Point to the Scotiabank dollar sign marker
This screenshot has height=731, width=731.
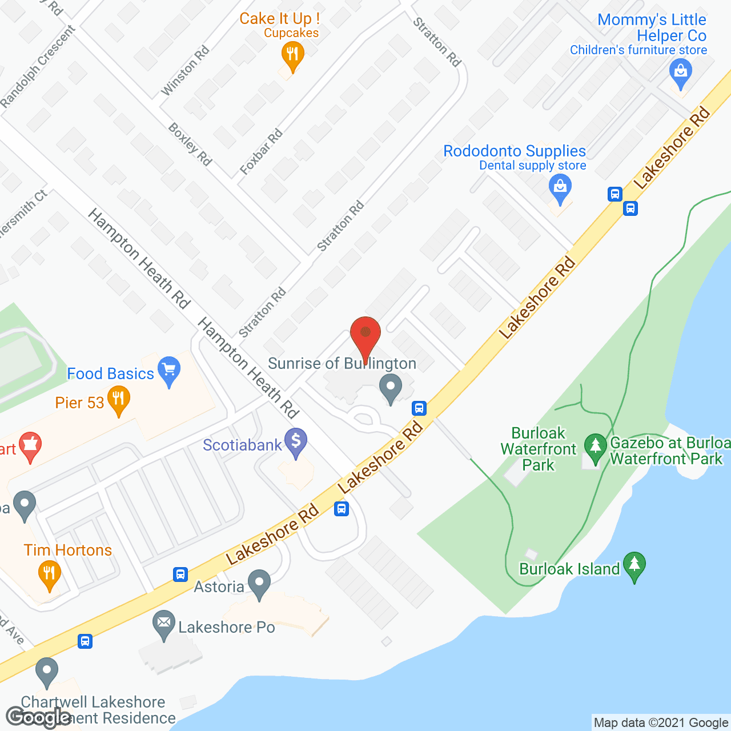point(296,442)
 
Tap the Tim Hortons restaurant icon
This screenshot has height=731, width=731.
point(50,573)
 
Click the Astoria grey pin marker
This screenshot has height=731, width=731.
point(260,584)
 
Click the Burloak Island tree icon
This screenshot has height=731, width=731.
point(634,565)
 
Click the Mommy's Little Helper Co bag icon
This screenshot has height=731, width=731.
point(680,73)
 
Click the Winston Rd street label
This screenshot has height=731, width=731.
point(185,71)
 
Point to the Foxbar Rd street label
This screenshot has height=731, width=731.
point(261,152)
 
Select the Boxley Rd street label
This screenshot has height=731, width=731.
point(190,144)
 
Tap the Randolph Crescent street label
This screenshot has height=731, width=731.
point(38,67)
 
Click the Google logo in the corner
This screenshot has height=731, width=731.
point(38,717)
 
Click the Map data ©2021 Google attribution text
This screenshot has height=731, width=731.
point(661,723)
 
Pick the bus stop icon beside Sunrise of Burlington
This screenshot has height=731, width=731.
point(419,408)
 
